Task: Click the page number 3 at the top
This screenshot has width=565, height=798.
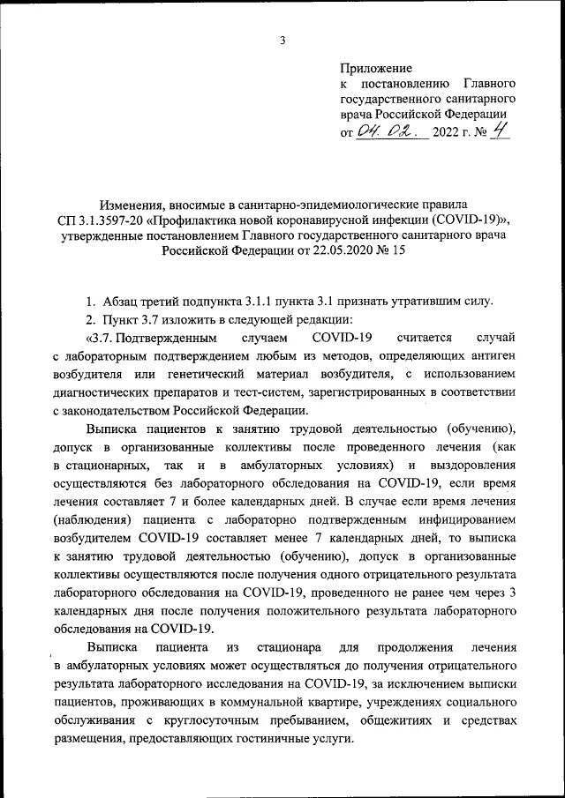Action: click(x=282, y=41)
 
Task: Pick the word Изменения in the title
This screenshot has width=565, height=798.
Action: click(x=137, y=205)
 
